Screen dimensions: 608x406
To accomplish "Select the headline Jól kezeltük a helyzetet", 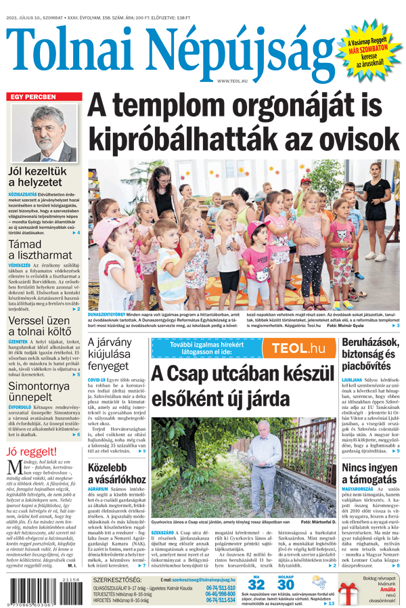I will coord(37,178).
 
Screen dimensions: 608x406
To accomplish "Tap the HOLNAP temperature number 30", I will coord(286,585).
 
